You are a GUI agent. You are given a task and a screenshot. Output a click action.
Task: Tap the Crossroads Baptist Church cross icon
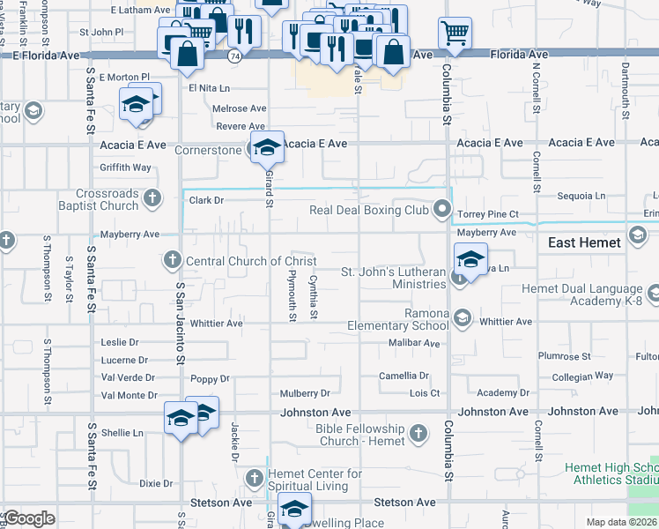pyautogui.click(x=152, y=197)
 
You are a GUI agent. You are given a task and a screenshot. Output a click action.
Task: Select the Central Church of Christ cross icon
pyautogui.click(x=173, y=260)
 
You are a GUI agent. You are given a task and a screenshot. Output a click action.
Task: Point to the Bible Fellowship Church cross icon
pyautogui.click(x=418, y=433)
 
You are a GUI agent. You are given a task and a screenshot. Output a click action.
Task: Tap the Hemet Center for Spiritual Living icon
pyautogui.click(x=255, y=477)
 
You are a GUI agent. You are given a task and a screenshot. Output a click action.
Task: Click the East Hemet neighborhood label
pyautogui.click(x=584, y=242)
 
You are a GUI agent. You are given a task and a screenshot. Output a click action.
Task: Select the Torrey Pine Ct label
pyautogui.click(x=488, y=214)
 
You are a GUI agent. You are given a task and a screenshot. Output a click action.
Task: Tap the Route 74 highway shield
pyautogui.click(x=234, y=55)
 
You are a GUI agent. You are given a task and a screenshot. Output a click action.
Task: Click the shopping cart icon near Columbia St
pyautogui.click(x=455, y=34)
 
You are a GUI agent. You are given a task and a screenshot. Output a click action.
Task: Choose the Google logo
pyautogui.click(x=29, y=518)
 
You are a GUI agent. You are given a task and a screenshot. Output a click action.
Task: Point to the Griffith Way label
pyautogui.click(x=126, y=168)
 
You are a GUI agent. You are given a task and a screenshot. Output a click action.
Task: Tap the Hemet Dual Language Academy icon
pyautogui.click(x=652, y=293)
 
